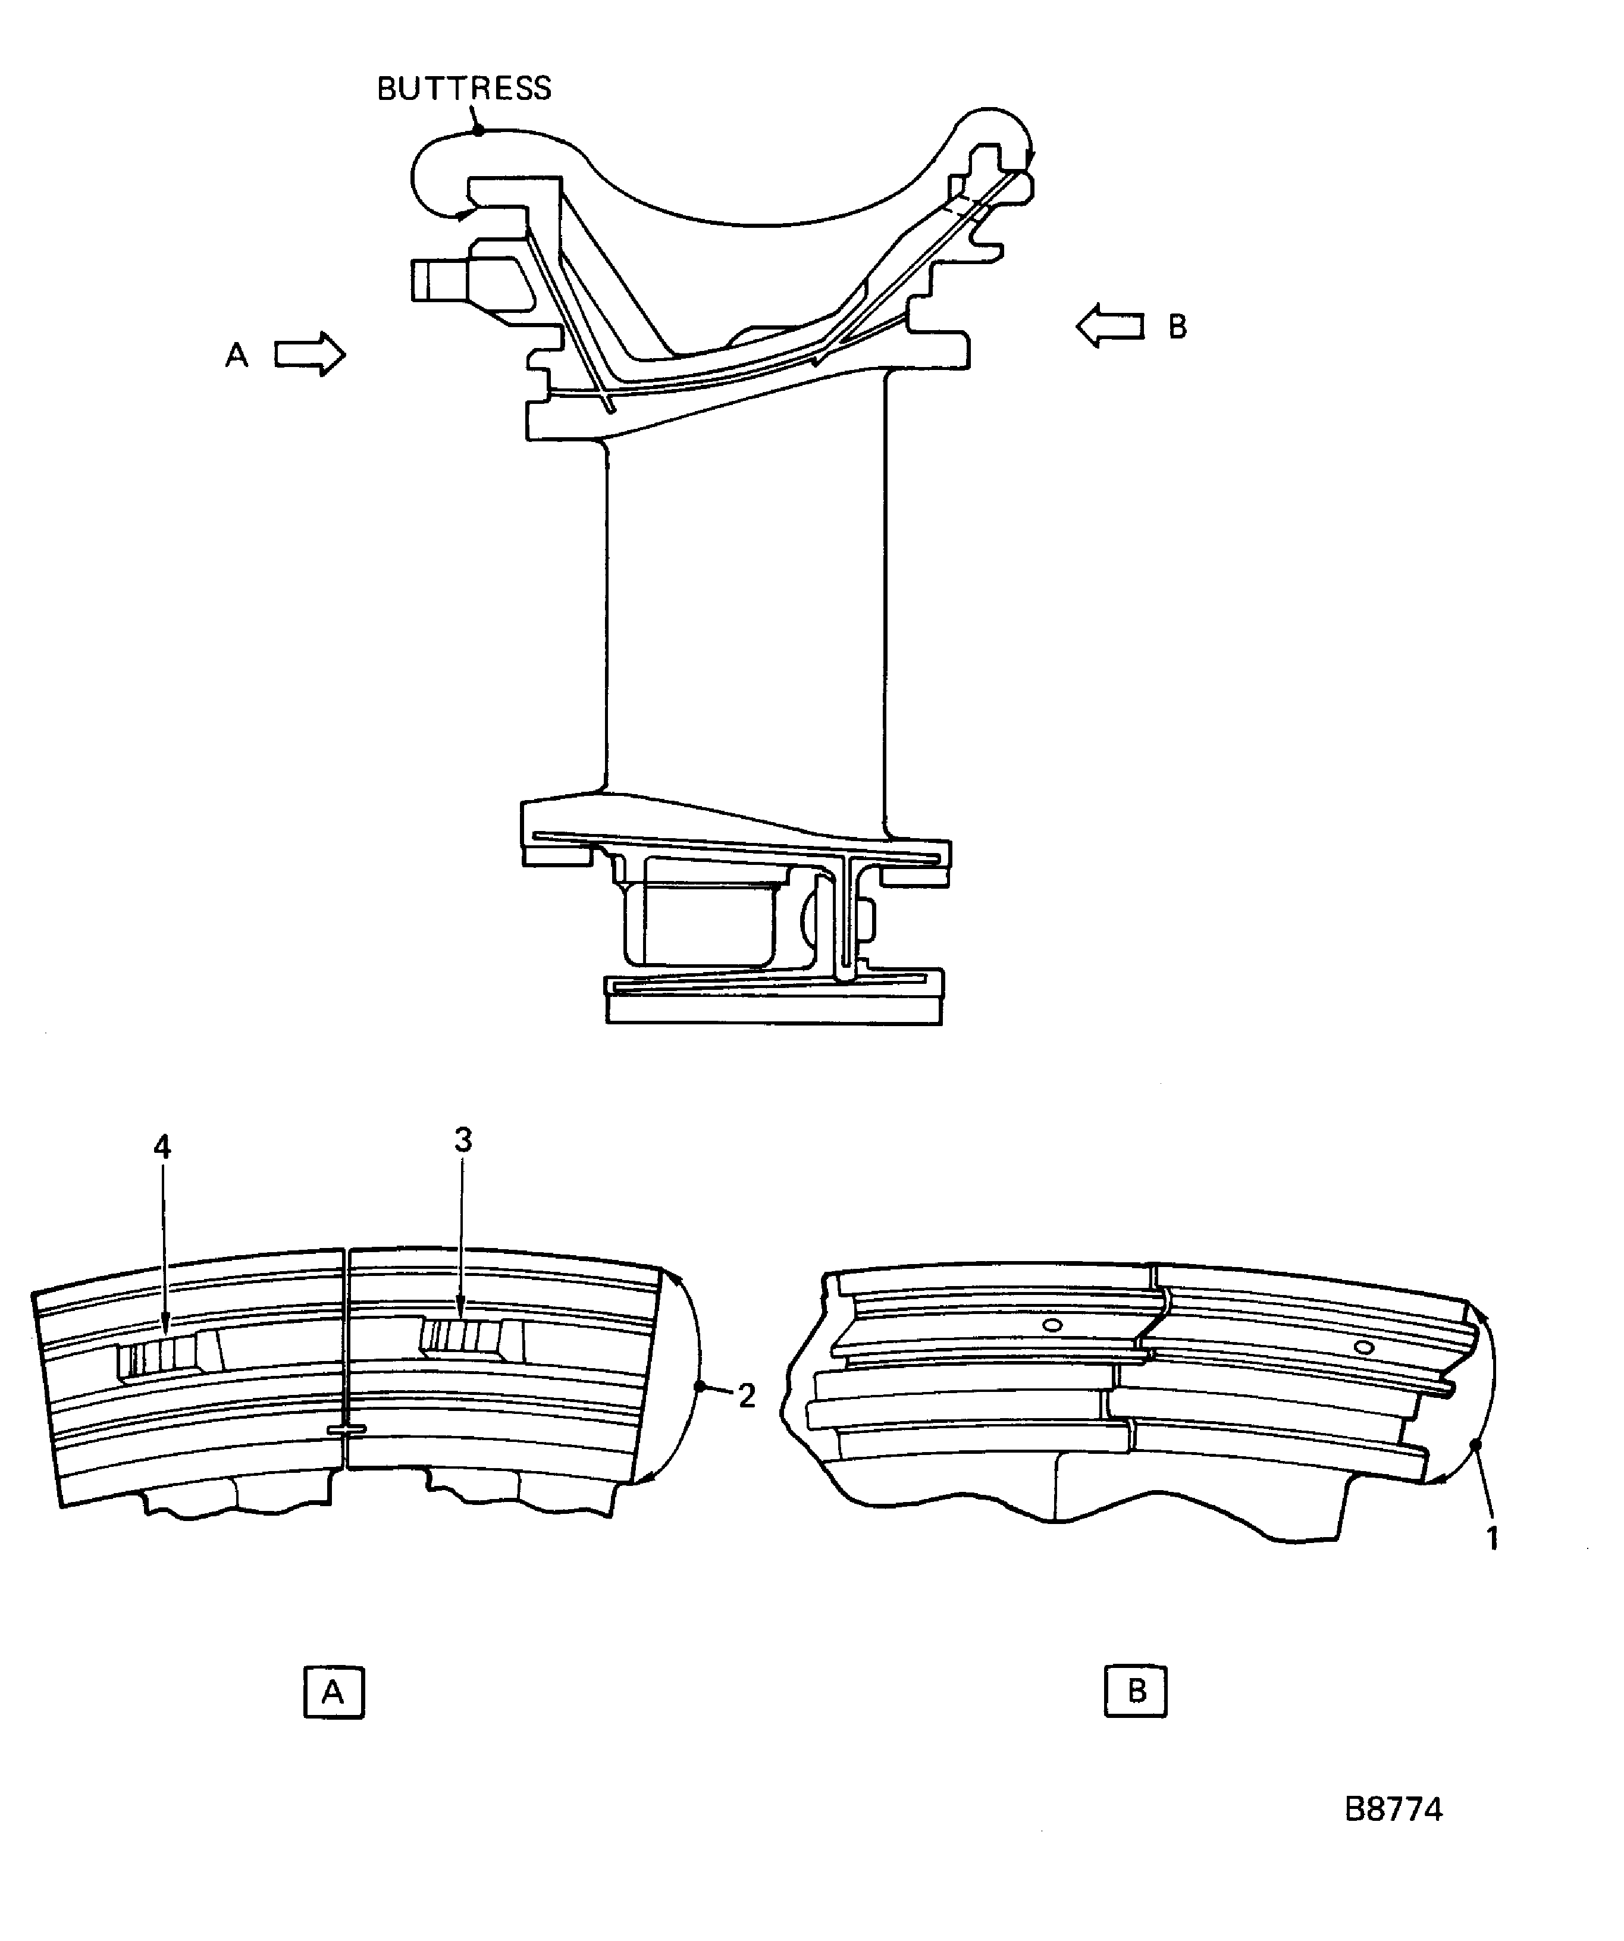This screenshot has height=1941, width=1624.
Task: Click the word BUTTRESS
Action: (464, 89)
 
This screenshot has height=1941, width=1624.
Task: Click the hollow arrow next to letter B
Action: (1110, 325)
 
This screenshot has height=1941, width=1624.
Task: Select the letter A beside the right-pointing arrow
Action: (237, 355)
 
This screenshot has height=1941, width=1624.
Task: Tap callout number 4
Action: (162, 1148)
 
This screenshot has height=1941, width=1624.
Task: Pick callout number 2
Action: (747, 1396)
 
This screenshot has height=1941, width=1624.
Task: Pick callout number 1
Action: (1491, 1538)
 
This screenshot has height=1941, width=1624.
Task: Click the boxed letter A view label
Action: (334, 1692)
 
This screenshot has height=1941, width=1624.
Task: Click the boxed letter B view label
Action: (1136, 1691)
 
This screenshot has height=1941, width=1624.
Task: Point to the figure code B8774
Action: (1393, 1810)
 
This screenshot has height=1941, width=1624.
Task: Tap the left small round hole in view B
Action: (1051, 1325)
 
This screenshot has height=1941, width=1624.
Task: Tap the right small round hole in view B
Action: (1362, 1347)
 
